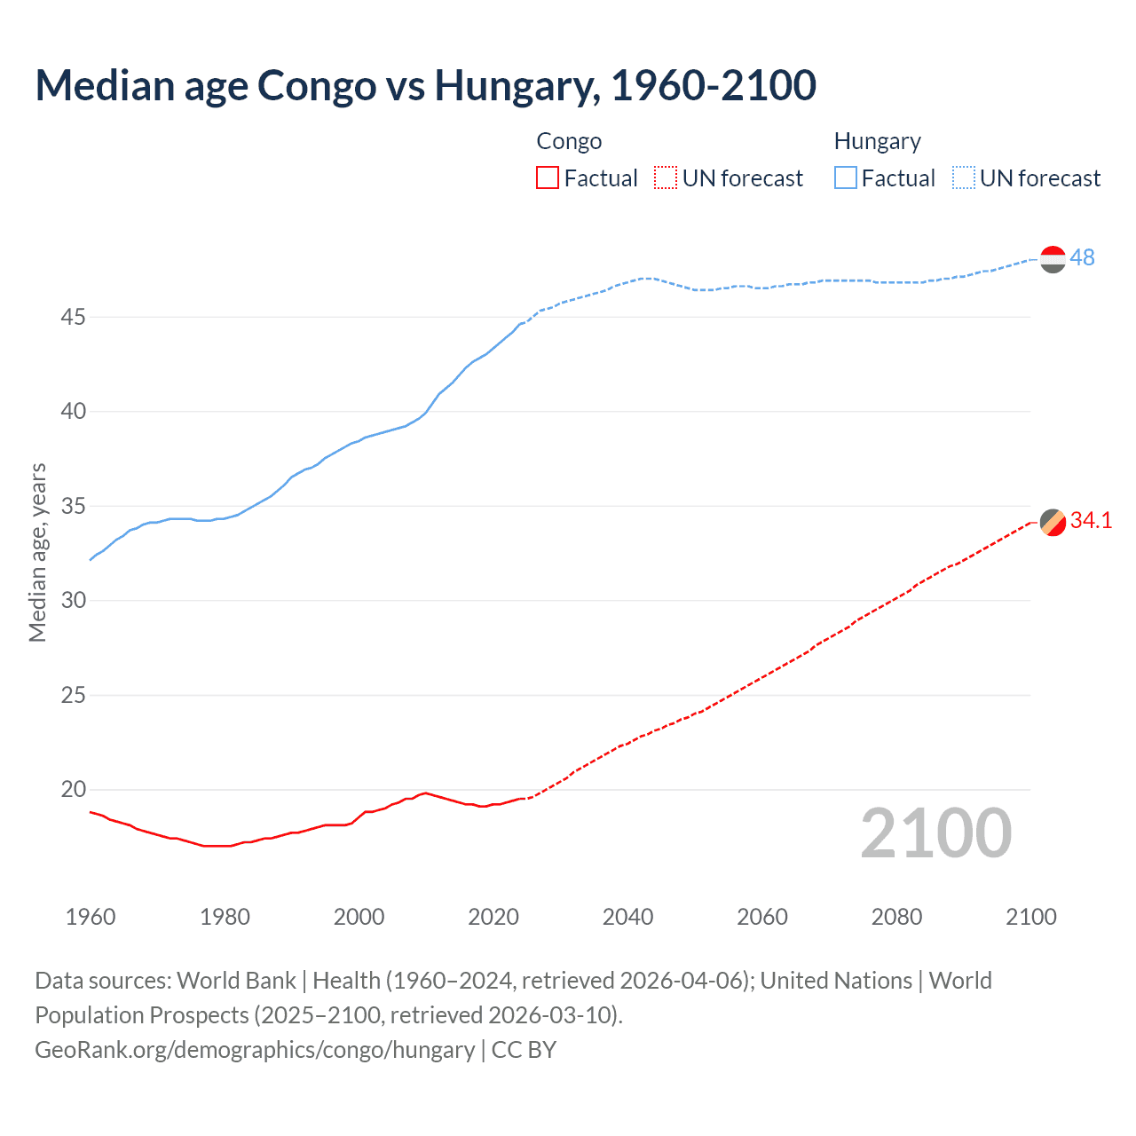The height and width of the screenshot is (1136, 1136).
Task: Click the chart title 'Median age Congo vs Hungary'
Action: [425, 85]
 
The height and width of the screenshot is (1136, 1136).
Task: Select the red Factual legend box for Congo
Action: [548, 178]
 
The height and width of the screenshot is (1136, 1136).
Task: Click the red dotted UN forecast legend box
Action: [666, 178]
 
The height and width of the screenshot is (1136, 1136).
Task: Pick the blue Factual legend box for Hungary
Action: [845, 178]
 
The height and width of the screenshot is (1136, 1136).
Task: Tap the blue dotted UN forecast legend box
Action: [963, 178]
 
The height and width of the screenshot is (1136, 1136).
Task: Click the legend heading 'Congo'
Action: [569, 141]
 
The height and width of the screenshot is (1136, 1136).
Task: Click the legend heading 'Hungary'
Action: [877, 141]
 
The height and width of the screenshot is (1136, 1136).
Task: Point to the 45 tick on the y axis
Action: [74, 317]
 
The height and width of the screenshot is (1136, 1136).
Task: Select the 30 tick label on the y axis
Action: [74, 601]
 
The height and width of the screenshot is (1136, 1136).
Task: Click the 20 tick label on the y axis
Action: [74, 790]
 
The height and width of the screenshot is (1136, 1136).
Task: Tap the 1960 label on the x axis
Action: [91, 917]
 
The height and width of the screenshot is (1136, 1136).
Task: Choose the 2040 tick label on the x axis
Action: [627, 917]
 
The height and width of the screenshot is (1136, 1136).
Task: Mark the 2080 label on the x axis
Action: [896, 917]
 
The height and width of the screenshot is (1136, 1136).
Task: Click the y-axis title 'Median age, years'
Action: [37, 552]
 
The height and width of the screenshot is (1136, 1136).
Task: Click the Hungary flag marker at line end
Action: [1053, 259]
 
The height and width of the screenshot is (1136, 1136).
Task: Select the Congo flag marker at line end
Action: [1053, 523]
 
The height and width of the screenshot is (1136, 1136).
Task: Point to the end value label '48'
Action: [1082, 257]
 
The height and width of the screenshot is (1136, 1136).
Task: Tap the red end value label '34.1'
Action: [1091, 521]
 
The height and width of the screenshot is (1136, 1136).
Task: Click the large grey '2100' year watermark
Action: [936, 832]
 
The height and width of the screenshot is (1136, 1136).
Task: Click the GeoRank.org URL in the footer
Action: [255, 1050]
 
